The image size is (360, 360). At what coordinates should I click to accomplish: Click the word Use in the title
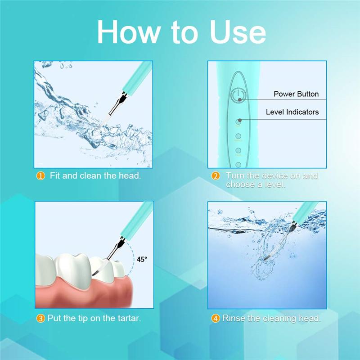click(238, 32)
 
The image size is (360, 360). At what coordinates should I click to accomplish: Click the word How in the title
click(129, 32)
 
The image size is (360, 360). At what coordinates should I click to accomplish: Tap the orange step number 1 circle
click(40, 176)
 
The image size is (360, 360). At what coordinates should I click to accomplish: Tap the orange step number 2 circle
click(216, 176)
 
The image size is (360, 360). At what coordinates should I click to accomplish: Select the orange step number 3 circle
click(40, 319)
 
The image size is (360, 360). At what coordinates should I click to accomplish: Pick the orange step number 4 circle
click(216, 319)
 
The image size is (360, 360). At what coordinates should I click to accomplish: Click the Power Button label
click(296, 94)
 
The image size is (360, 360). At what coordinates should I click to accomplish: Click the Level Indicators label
click(292, 112)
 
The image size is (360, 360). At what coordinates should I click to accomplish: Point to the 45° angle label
click(142, 259)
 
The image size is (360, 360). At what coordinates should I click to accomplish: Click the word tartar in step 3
click(129, 318)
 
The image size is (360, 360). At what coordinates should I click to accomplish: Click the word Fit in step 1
click(55, 175)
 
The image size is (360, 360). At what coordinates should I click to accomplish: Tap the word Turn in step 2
click(235, 175)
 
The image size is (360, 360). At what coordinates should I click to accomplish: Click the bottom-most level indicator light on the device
click(238, 165)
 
